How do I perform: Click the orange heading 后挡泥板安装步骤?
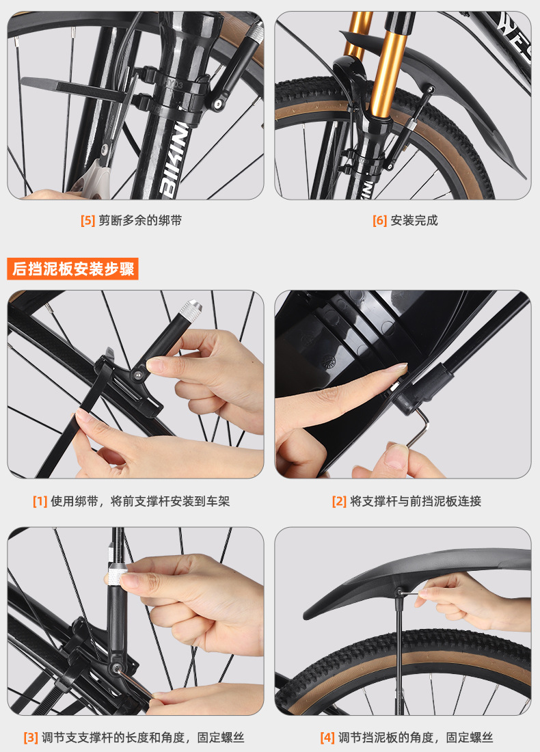pos(73,269)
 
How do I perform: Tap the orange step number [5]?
pos(87,221)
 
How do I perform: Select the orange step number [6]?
pos(380,221)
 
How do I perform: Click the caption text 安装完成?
pos(414,221)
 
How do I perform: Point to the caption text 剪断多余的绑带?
pos(140,221)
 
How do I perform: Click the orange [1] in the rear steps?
pos(40,501)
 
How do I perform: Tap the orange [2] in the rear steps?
pos(339,501)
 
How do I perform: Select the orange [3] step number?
pos(31,737)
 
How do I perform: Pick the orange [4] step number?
pos(327,737)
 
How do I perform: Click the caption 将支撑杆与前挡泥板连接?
pos(416,501)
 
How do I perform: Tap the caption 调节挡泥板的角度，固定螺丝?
pos(416,737)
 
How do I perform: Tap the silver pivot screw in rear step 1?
pos(139,373)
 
